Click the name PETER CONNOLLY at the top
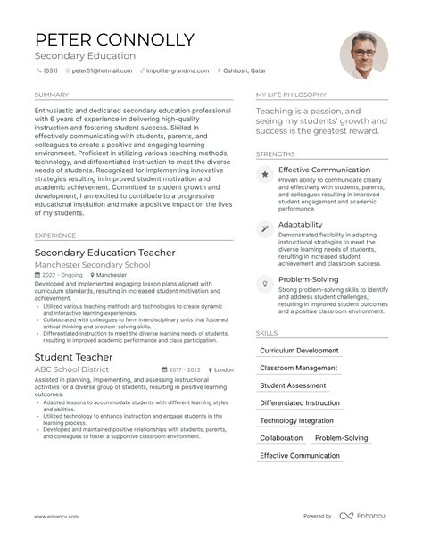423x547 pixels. (x=114, y=40)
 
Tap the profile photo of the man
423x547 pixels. (x=363, y=55)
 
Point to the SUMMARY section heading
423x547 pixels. (x=51, y=95)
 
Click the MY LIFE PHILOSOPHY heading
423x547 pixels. (x=292, y=95)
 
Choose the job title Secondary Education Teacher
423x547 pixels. (x=104, y=253)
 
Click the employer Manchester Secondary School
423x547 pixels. (x=93, y=266)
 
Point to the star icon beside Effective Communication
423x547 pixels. (x=265, y=175)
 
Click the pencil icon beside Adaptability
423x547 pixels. (x=265, y=228)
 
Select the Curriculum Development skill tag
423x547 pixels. (x=299, y=351)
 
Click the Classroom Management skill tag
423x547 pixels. (x=298, y=368)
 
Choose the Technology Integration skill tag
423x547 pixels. (x=296, y=420)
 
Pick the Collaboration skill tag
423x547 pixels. (x=281, y=438)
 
